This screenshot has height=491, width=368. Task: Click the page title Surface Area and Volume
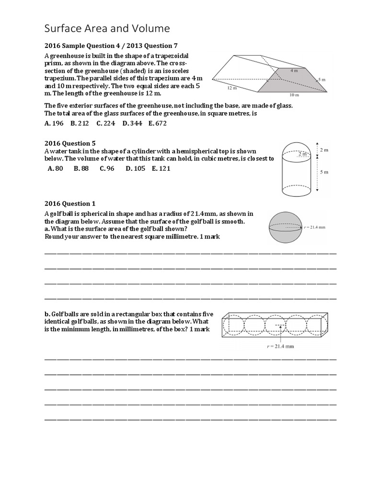click(107, 29)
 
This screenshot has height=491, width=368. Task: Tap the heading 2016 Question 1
click(70, 203)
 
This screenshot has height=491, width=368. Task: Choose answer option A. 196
click(54, 123)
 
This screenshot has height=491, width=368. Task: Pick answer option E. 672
click(158, 123)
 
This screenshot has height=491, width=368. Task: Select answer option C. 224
click(106, 123)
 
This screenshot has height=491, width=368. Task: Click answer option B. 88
click(81, 168)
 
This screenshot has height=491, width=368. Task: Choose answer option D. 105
click(136, 168)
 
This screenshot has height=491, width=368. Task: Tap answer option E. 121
click(161, 168)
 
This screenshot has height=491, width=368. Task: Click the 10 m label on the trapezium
click(294, 94)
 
